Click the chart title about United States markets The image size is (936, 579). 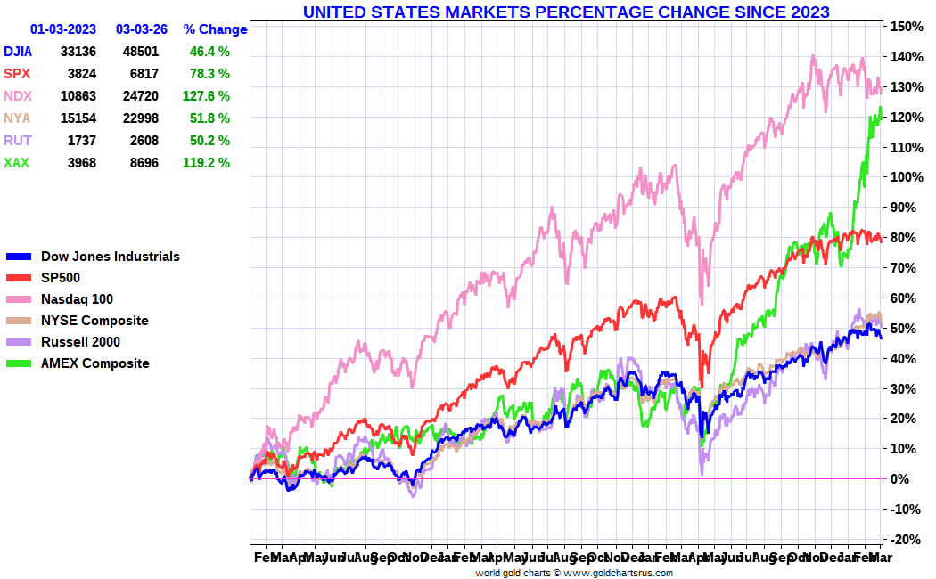click(x=566, y=12)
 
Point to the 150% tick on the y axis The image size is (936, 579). click(x=904, y=27)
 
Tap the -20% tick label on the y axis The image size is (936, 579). click(x=904, y=540)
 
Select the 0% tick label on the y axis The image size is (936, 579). click(x=900, y=479)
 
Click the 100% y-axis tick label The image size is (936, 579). click(x=904, y=177)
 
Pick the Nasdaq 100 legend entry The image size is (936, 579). click(x=77, y=299)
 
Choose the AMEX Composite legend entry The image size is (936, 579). click(x=94, y=363)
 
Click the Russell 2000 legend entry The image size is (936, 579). click(x=80, y=342)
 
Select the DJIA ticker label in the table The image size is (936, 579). click(x=19, y=52)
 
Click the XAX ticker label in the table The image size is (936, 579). click(x=16, y=163)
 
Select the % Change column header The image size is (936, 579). click(x=215, y=29)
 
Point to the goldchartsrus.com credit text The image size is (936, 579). click(x=574, y=573)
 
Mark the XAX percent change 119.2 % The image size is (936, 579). click(x=206, y=163)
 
